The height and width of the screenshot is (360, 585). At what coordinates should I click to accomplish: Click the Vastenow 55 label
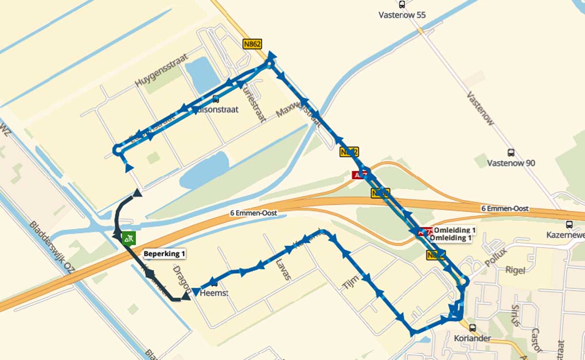pos(402,15)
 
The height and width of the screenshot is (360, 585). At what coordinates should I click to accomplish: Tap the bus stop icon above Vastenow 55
pos(402,5)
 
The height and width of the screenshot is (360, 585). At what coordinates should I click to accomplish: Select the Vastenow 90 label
pos(511,163)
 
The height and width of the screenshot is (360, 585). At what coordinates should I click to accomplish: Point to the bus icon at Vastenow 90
pos(511,152)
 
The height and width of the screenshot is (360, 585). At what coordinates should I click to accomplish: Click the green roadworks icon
pos(129,238)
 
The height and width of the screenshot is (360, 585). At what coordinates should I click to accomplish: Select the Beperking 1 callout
pos(164,253)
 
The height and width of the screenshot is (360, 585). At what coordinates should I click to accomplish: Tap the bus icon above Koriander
pos(471,328)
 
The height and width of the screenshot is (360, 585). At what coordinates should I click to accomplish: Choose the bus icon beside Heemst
pos(213,283)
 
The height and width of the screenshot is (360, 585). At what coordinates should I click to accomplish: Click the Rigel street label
pos(515,270)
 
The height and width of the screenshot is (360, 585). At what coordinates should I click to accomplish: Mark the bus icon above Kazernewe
pos(569,225)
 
